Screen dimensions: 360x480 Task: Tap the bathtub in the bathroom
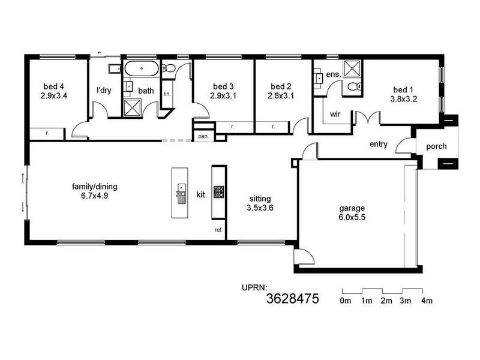click(142, 68)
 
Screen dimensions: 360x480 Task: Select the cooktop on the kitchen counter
click(219, 192)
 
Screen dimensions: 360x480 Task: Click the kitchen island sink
click(179, 193)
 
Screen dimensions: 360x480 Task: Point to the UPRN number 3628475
click(292, 298)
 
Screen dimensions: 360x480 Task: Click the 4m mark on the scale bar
click(427, 300)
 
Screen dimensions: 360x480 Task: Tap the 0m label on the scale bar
click(345, 300)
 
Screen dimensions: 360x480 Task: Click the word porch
click(436, 146)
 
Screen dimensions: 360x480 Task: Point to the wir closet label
click(335, 114)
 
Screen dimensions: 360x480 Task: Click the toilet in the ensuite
click(353, 88)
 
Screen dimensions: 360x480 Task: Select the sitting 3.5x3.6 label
click(260, 203)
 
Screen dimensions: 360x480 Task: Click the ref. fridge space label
click(218, 230)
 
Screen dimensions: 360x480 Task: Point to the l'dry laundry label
click(104, 91)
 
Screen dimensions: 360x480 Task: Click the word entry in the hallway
click(379, 144)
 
